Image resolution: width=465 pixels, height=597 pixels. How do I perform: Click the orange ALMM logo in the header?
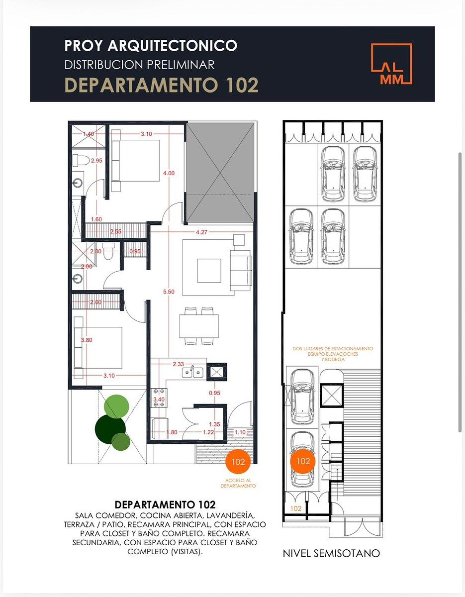391,64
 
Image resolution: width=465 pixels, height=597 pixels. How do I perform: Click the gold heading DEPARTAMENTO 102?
162,85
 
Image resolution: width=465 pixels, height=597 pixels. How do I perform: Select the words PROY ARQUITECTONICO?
151,46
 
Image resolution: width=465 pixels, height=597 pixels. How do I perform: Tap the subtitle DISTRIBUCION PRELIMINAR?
139,65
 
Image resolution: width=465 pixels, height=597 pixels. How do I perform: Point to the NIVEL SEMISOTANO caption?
331,553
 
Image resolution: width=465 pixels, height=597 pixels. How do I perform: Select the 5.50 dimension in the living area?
169,292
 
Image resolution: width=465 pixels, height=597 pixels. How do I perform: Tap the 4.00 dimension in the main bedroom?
169,173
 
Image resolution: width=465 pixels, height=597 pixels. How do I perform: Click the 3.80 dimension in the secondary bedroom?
87,340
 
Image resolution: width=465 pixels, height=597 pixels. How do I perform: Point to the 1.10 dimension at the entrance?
240,432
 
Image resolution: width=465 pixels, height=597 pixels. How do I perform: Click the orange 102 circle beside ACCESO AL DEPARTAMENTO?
238,462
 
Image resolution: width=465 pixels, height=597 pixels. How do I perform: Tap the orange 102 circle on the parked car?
303,461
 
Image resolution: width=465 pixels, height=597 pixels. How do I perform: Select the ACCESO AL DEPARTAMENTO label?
238,483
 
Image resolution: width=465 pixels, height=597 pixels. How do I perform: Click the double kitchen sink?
192,372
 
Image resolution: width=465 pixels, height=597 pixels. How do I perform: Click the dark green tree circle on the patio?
110,427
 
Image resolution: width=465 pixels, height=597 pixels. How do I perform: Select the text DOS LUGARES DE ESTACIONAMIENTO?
333,349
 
